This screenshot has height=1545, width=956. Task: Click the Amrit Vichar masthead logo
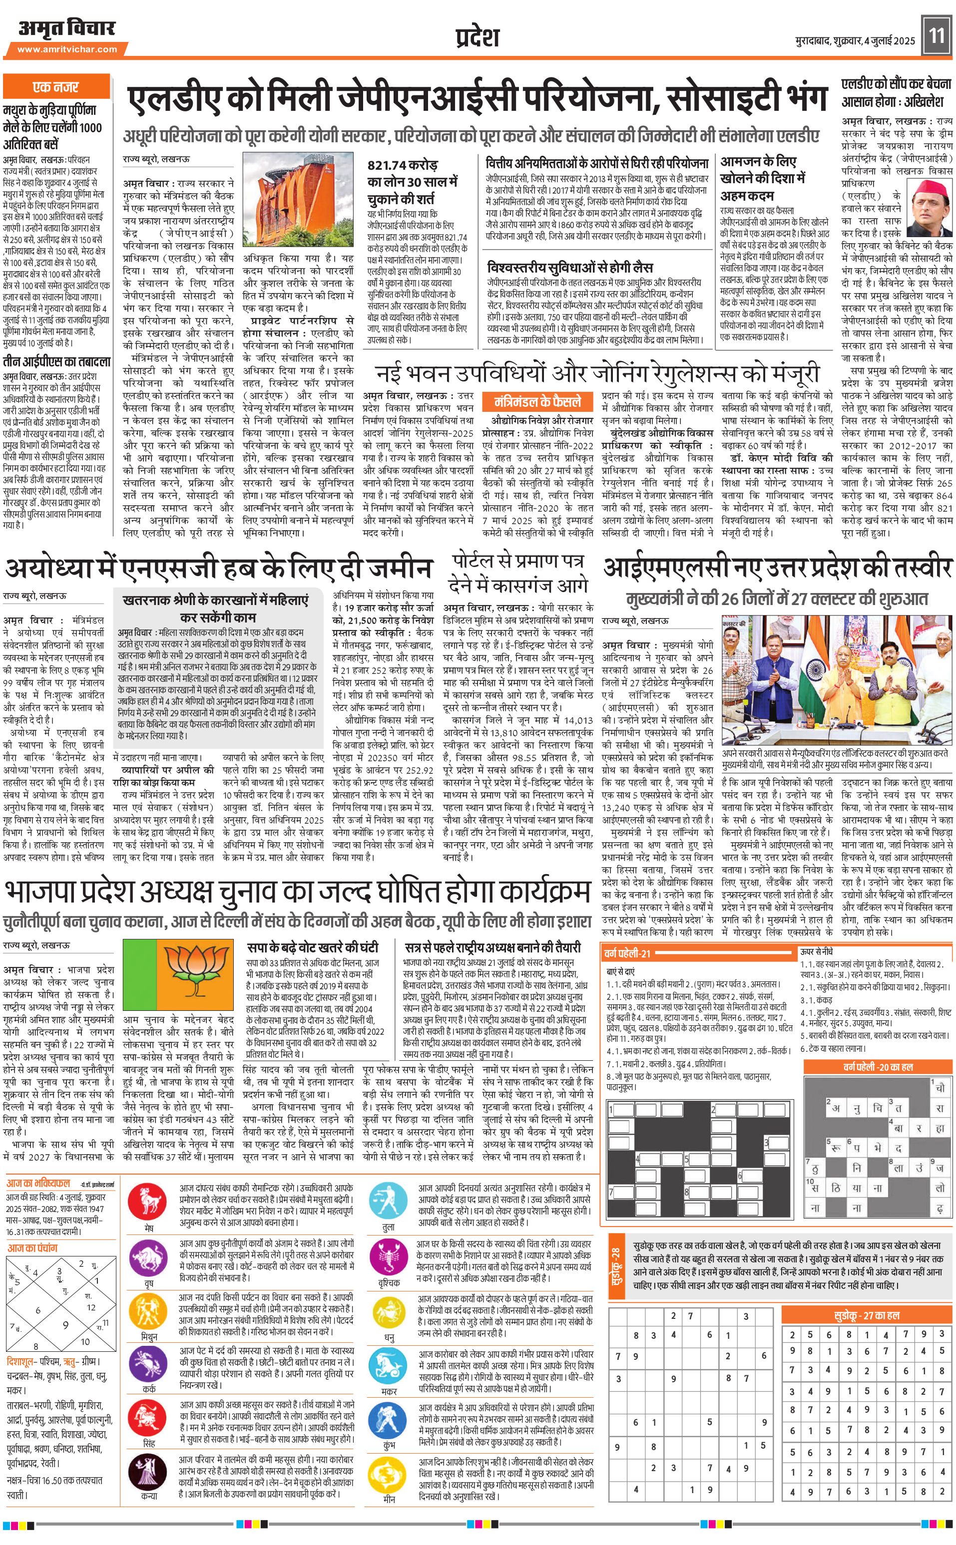[x=67, y=28]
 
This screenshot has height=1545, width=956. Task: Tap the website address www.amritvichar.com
[x=67, y=49]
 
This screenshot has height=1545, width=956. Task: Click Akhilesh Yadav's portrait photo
[x=932, y=208]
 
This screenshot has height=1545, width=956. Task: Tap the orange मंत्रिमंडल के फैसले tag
[x=538, y=402]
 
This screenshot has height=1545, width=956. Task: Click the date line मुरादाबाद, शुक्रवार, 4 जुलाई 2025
[x=855, y=41]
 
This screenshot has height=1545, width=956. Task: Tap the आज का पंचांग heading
[x=32, y=1248]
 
